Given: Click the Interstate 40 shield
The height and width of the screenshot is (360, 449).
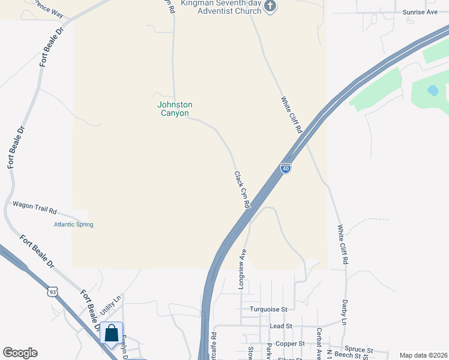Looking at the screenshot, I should [286, 169].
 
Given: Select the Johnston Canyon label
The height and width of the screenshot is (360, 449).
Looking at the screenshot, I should [175, 109].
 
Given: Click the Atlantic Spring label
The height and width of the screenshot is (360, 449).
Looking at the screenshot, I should [73, 224].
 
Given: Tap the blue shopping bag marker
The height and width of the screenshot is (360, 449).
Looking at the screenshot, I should [112, 334].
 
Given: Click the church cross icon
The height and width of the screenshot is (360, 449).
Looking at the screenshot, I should [270, 6].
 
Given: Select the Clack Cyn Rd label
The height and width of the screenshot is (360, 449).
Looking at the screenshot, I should [241, 189].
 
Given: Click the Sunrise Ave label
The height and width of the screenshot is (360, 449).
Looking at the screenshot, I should [420, 12].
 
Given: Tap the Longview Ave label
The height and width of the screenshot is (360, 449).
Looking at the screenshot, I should [242, 269].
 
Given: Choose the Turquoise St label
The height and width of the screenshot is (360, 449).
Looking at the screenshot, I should [270, 309].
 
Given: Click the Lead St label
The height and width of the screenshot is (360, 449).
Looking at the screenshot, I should [280, 326].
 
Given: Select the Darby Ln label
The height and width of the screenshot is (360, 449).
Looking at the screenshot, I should [345, 313].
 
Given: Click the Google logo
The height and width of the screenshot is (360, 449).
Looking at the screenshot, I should [20, 353].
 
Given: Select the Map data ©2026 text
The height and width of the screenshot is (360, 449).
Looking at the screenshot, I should [423, 355].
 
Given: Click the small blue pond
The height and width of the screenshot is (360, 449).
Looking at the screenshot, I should [432, 91].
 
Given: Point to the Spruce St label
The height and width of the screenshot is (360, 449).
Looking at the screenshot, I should [358, 350].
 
